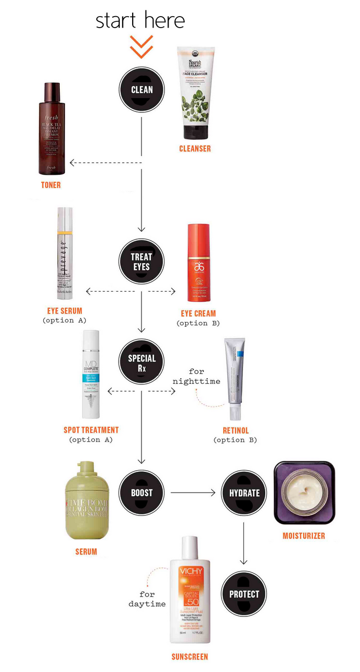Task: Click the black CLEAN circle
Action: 142,89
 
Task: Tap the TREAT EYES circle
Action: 141,262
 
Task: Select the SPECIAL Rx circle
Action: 142,363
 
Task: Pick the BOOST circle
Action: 142,492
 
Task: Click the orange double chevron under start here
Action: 142,46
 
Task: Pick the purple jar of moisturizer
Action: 304,493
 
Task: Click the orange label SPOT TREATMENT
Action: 91,430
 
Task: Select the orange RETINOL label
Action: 235,431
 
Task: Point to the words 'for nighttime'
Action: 197,376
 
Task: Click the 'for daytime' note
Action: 147,599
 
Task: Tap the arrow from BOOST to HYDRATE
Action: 192,492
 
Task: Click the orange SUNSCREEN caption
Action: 190,657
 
